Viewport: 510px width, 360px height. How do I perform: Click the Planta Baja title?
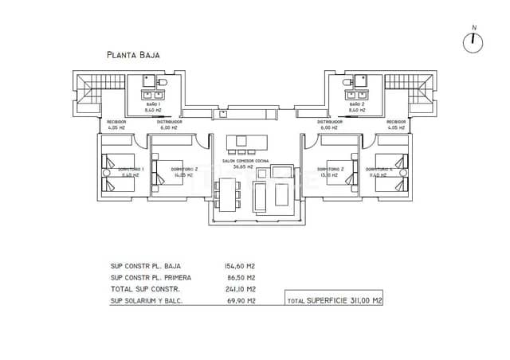coord(134,55)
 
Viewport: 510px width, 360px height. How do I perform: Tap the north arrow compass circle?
coord(474,42)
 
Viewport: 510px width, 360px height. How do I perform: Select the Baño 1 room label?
coord(154,104)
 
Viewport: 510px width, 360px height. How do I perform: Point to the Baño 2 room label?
coord(357,104)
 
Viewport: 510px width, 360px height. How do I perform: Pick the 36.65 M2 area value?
coord(243,167)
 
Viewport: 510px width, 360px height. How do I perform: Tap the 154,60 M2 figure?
coord(240,266)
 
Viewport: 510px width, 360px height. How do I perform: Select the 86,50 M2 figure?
coord(240,277)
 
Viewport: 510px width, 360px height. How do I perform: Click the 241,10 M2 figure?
coord(240,288)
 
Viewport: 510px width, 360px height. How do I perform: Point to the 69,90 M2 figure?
coord(240,300)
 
